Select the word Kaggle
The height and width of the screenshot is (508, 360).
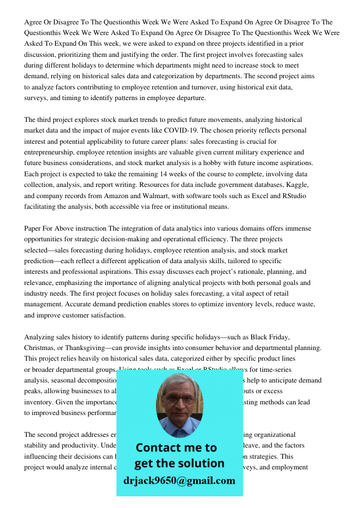[x=296, y=185]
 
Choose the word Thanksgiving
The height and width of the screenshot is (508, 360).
[x=85, y=347]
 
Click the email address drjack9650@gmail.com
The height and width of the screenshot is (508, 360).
[x=179, y=481]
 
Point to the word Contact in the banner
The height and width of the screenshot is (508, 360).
[x=158, y=448]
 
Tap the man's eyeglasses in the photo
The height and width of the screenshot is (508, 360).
[x=178, y=399]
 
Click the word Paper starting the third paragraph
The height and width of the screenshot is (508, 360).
[x=34, y=228]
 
